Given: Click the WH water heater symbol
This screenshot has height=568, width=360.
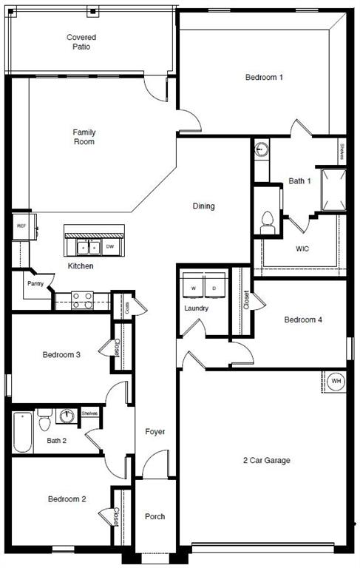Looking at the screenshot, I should click(x=336, y=381).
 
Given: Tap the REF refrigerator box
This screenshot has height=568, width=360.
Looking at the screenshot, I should click(x=21, y=226).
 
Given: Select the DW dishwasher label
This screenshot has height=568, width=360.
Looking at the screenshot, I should click(x=109, y=246).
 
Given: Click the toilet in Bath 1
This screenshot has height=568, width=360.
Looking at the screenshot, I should click(x=268, y=221).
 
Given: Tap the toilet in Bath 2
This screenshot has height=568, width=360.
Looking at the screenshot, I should click(x=44, y=420).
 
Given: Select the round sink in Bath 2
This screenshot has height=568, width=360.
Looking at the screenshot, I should click(x=67, y=415).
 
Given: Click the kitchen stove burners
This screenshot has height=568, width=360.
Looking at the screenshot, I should click(x=82, y=299).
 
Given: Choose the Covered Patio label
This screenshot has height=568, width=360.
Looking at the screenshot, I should click(x=81, y=41).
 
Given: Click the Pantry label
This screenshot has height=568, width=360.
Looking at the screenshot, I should click(x=35, y=283).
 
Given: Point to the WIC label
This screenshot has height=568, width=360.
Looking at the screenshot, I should click(x=303, y=249).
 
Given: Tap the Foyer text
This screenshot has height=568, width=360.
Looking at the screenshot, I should click(x=155, y=431).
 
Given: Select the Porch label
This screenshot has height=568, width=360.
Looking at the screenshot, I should click(x=154, y=516).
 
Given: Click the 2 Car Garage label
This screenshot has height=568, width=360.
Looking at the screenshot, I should click(x=266, y=460).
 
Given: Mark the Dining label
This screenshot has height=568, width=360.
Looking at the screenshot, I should click(x=203, y=206).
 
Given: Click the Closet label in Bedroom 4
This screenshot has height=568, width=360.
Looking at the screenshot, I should click(x=246, y=300).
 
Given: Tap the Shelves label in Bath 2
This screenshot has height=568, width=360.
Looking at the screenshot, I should click(x=89, y=413).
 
